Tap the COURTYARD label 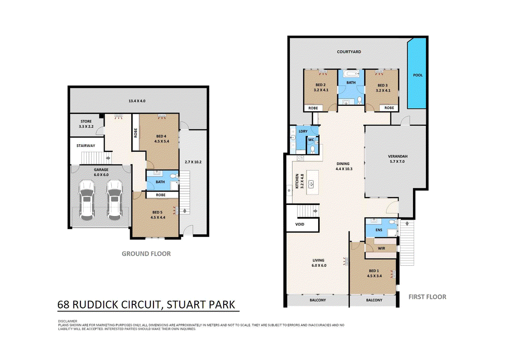[x=349, y=52]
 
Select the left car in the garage [x=87, y=200]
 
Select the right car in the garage [x=115, y=200]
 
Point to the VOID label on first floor [x=300, y=224]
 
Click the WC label [x=311, y=140]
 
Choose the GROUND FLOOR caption [x=146, y=253]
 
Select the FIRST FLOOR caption [x=427, y=297]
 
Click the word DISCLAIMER [x=68, y=321]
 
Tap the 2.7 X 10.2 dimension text [x=194, y=162]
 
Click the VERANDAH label [x=398, y=156]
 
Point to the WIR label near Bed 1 [x=381, y=248]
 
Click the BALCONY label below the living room [x=318, y=300]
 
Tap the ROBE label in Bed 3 [x=389, y=108]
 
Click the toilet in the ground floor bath [x=173, y=176]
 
